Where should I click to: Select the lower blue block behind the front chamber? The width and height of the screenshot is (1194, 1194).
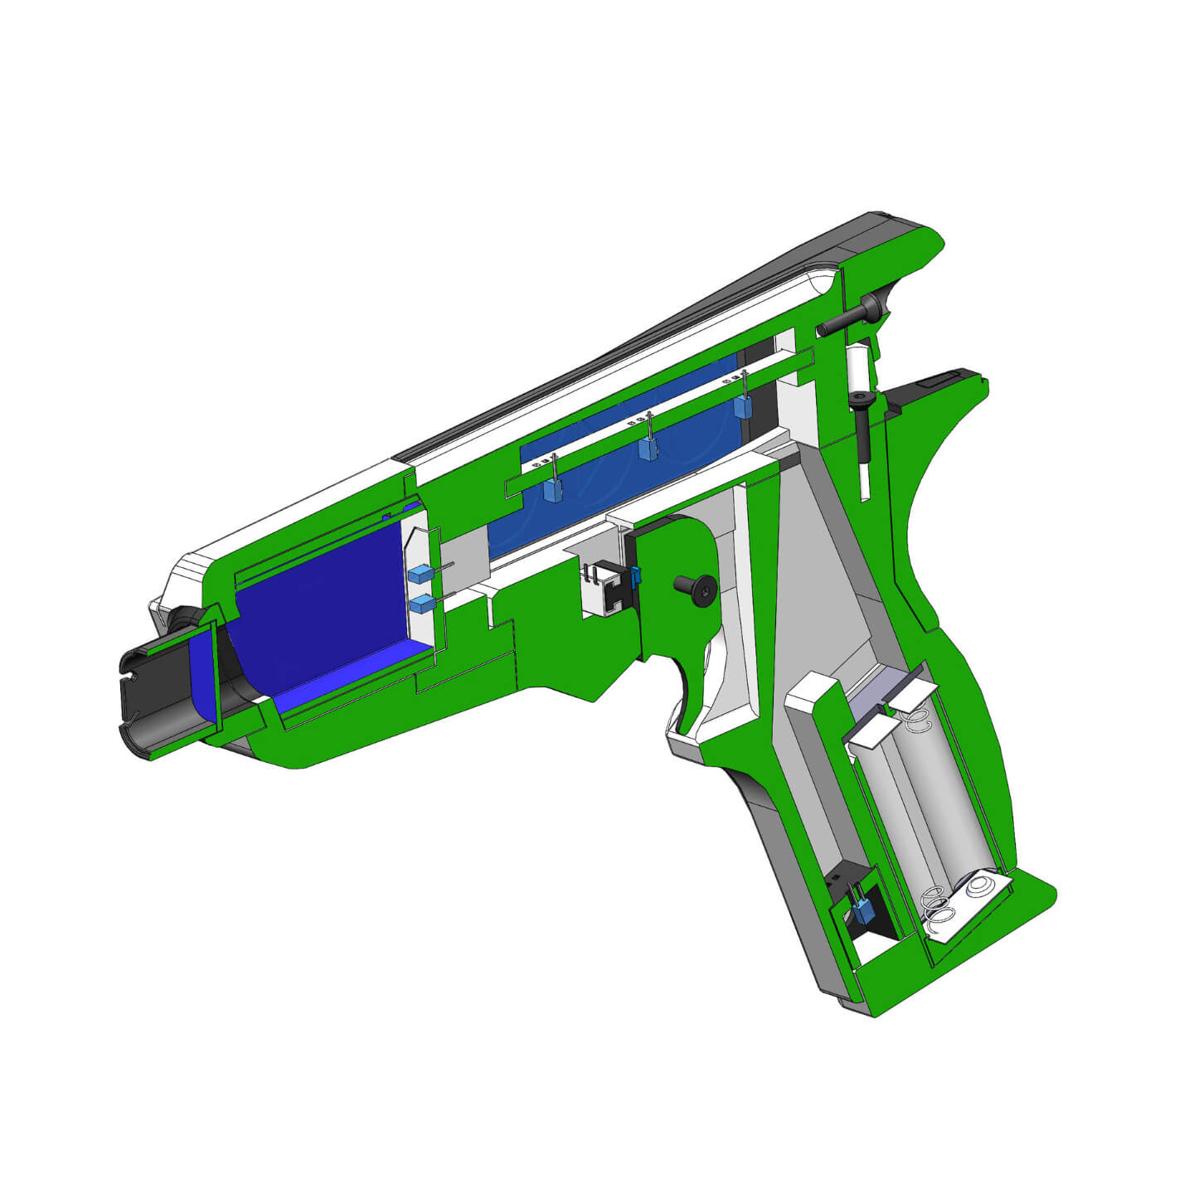click(421, 604)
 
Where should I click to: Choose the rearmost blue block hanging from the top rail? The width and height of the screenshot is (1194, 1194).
click(742, 406)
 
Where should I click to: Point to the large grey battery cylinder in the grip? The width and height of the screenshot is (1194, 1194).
click(945, 796)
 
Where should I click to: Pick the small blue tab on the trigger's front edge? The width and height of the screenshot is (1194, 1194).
click(637, 574)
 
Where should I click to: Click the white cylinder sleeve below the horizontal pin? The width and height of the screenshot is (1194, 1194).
click(856, 365)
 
